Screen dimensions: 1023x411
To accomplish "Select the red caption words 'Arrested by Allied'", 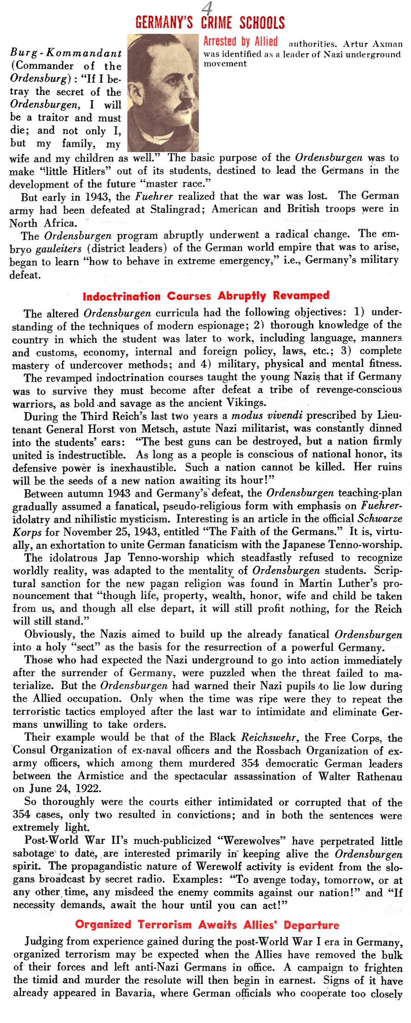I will tap(241, 42).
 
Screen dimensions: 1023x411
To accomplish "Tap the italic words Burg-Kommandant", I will tap(66, 53).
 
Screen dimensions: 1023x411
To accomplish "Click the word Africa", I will tap(60, 223).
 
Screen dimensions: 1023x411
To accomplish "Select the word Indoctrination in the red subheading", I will tap(121, 296).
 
